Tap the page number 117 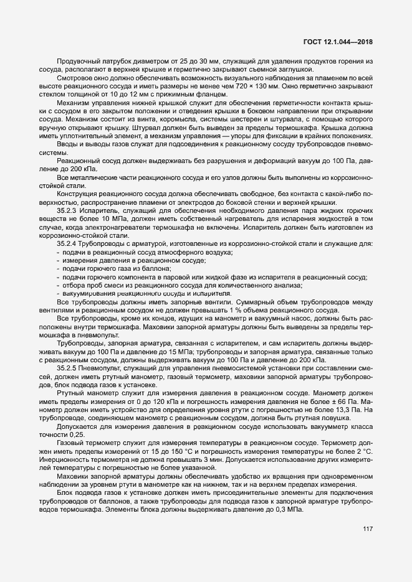367,530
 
